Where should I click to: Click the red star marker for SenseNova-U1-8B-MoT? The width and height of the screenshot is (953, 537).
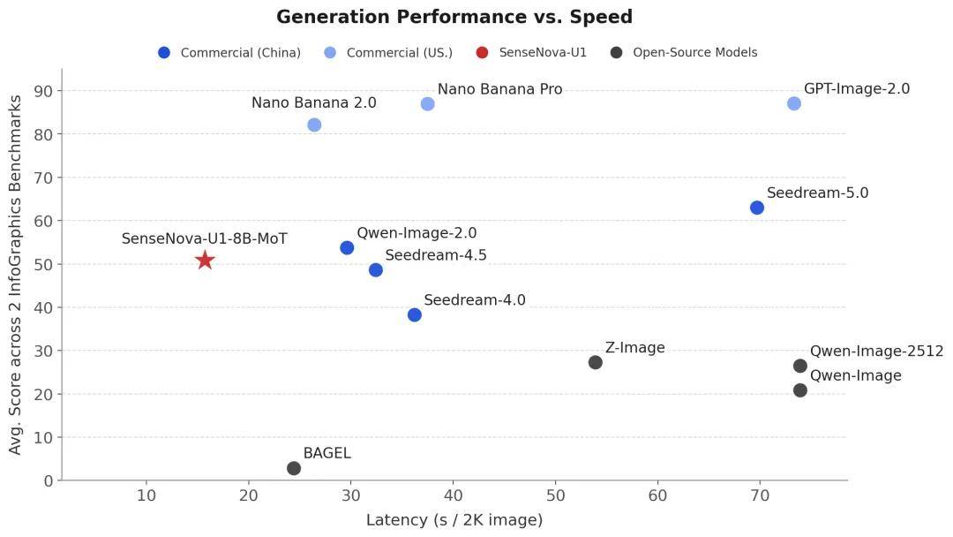tap(205, 260)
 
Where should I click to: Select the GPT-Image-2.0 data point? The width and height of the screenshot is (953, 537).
tap(794, 103)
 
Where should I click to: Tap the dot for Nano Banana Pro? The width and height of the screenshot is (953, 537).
tap(428, 103)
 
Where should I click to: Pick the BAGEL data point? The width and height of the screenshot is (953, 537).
tap(294, 468)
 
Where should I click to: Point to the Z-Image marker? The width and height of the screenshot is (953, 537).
tap(596, 362)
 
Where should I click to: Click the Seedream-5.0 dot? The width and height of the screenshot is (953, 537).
tap(757, 208)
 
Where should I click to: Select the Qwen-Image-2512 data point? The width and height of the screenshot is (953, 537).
tap(800, 366)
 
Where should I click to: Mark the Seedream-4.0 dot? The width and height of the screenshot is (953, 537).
tap(415, 314)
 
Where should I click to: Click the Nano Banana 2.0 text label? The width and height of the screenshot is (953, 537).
tap(313, 103)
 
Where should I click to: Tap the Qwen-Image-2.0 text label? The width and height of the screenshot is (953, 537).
tap(416, 233)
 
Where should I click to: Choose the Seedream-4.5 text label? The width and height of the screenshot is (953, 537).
tap(436, 255)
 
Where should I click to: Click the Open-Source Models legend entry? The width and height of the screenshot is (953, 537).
tap(694, 53)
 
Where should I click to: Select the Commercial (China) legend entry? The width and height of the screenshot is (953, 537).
tap(240, 53)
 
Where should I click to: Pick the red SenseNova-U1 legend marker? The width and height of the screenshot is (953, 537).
tap(482, 53)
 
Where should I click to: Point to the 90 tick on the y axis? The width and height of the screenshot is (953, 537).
tap(43, 91)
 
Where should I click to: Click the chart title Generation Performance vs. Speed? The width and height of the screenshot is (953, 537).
tap(454, 17)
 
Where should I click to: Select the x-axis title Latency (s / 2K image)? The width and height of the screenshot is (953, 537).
tap(454, 520)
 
